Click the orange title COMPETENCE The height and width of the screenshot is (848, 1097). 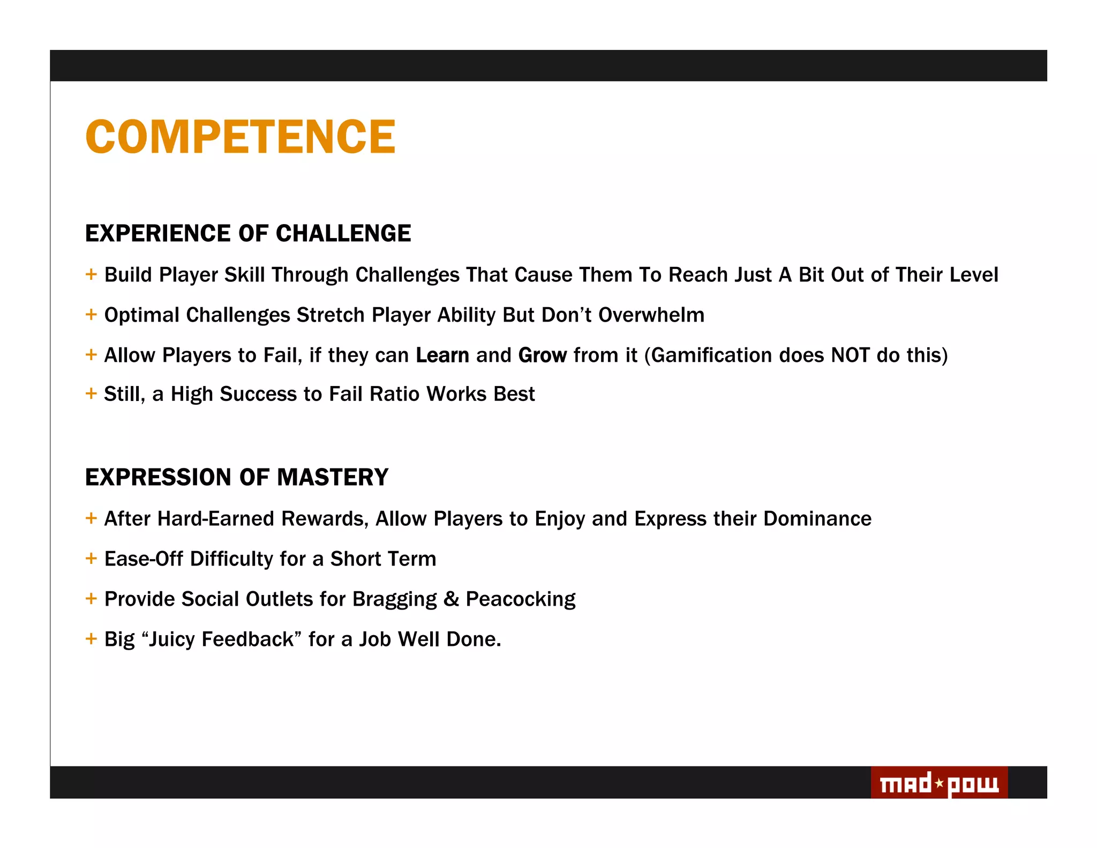240,137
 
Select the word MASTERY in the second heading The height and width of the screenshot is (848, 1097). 333,477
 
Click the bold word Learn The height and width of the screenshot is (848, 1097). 442,355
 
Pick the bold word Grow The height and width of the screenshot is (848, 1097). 543,355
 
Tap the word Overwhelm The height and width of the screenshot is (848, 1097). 651,315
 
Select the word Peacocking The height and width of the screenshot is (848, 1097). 521,599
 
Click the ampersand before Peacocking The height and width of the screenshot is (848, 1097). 452,599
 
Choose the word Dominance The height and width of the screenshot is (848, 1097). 817,519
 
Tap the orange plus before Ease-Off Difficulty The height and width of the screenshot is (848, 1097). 91,559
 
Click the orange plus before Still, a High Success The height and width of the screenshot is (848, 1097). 91,393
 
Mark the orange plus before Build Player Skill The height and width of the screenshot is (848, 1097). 91,274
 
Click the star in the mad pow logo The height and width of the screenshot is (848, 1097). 940,784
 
